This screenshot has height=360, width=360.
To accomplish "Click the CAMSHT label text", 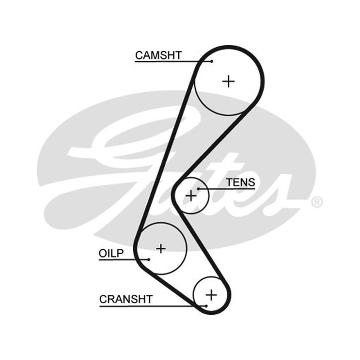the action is (x=158, y=55).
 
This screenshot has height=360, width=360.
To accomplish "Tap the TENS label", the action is (x=241, y=183).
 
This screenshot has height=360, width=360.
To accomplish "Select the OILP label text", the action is (x=111, y=253).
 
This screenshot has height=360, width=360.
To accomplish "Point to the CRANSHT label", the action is (x=126, y=299).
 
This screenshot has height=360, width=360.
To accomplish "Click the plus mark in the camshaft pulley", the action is (x=229, y=81).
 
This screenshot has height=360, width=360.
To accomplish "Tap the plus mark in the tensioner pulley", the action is (x=191, y=196).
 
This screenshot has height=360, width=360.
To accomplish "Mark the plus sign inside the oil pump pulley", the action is (x=161, y=248).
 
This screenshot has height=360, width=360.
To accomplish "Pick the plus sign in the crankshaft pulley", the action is (x=211, y=295).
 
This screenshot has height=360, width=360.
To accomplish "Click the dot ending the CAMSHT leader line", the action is (x=212, y=61).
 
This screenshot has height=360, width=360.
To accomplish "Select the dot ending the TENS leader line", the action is (x=198, y=189).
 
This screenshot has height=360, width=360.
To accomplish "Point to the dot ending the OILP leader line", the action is (x=149, y=260).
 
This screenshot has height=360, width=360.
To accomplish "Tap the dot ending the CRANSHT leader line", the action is (x=206, y=306).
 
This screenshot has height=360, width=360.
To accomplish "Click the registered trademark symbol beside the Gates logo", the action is (x=317, y=202).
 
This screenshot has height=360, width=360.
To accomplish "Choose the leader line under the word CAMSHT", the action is (x=173, y=62).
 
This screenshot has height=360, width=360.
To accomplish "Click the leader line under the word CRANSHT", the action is (x=153, y=306).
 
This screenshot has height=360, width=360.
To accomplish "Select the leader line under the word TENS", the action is (x=227, y=189).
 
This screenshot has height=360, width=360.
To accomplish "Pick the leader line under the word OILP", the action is (x=124, y=260).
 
